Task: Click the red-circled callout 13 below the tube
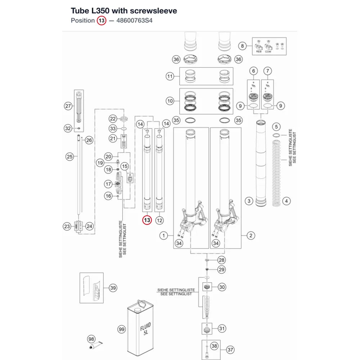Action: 147,220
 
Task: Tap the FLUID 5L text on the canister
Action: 145,329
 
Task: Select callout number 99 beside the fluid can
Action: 122,329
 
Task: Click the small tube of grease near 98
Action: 96,345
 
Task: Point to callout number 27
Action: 68,106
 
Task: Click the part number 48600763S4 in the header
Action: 134,21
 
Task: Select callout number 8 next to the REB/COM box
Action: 242,46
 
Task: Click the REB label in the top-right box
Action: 259,51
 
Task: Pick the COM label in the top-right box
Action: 268,51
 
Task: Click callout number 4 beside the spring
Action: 286,201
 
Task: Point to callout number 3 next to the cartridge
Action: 249,201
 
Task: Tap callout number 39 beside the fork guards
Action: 113,288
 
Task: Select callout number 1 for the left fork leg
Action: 164,235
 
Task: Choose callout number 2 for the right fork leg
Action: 251,235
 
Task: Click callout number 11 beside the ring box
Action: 170,76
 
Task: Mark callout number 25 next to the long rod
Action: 69,157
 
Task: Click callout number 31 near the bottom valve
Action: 222,329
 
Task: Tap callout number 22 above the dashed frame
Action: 113,119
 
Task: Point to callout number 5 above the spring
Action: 276,126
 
